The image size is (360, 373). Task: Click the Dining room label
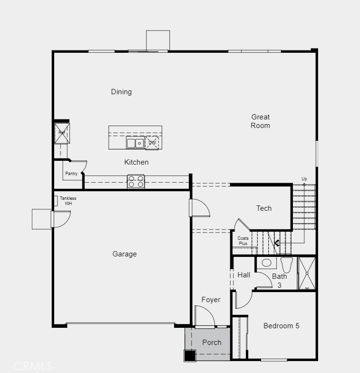121,92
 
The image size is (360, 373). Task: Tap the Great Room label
261,121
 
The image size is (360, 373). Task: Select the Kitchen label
136,162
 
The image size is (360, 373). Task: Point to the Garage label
125,254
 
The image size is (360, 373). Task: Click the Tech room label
264,208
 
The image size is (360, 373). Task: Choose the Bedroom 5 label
282,326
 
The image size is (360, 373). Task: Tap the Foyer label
211,300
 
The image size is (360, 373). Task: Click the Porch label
212,343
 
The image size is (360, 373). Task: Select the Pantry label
71,174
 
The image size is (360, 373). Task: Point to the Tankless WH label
68,201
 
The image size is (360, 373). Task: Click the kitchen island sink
135,142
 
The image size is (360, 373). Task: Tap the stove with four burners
136,181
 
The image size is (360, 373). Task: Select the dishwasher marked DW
152,143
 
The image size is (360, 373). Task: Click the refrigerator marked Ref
62,133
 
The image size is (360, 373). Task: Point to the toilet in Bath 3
286,264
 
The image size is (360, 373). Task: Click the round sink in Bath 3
266,263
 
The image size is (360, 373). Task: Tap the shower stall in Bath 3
307,273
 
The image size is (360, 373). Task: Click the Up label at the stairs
304,179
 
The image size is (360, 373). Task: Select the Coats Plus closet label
243,241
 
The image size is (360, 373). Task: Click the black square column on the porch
190,355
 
